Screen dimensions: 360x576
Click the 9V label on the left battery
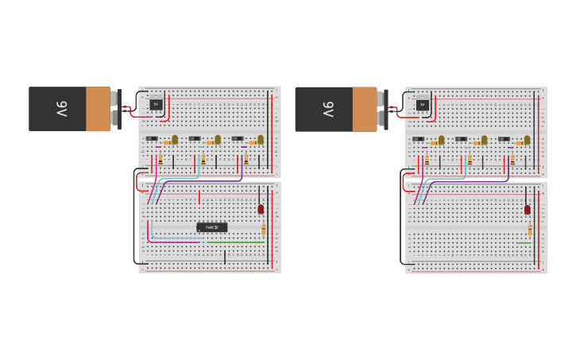(x=62, y=109)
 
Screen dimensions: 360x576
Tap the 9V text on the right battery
(x=328, y=109)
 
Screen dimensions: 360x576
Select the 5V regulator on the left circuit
(x=156, y=104)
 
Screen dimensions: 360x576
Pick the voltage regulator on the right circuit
(x=422, y=104)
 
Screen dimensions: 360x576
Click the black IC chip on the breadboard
(x=211, y=227)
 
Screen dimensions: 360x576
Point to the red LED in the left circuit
(x=261, y=209)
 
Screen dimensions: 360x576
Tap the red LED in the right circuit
(x=527, y=209)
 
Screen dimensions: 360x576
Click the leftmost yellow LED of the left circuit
(x=175, y=139)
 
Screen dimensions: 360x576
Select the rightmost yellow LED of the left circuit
(x=261, y=139)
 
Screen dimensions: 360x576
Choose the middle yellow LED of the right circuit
(x=484, y=139)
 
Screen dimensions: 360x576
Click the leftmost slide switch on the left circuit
(x=152, y=139)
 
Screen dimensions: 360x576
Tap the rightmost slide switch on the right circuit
(x=504, y=139)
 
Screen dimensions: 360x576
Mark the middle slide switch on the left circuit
(x=195, y=139)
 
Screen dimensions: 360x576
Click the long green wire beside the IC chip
(x=235, y=242)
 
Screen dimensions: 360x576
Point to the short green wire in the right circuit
(x=523, y=243)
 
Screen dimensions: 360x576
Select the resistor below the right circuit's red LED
(x=530, y=230)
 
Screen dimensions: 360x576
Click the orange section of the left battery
(x=99, y=109)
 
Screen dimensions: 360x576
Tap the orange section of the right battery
(x=365, y=109)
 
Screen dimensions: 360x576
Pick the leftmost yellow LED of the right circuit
(x=441, y=139)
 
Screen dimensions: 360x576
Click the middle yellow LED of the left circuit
(x=218, y=139)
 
